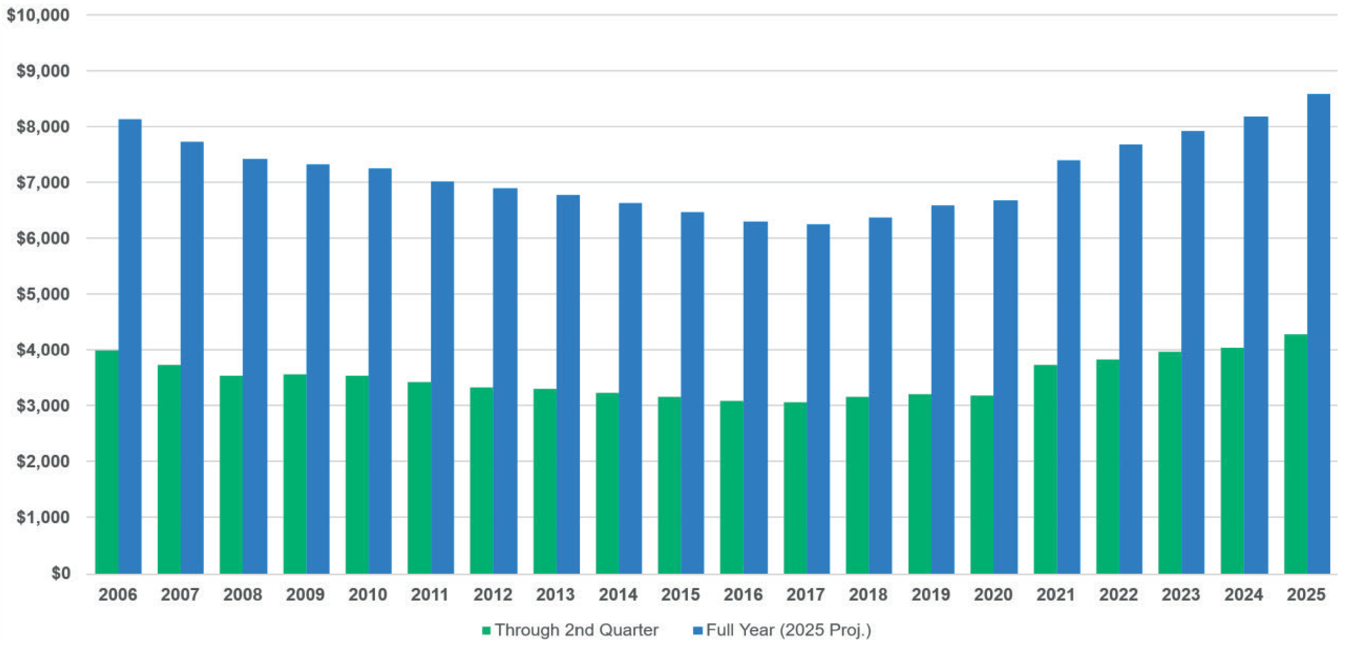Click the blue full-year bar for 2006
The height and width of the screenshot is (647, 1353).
[x=130, y=346]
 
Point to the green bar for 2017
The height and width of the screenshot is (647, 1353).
[x=795, y=488]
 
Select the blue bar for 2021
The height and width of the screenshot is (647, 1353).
[x=1068, y=367]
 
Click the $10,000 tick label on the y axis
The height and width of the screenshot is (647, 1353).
[x=38, y=15]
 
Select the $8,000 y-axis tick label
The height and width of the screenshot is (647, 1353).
[x=43, y=127]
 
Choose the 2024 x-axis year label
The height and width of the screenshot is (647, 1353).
[x=1243, y=595]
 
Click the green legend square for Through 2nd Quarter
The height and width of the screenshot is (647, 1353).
[x=486, y=630]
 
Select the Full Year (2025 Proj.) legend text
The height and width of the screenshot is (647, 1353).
[x=788, y=630]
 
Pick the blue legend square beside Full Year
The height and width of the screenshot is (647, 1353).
[x=698, y=630]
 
